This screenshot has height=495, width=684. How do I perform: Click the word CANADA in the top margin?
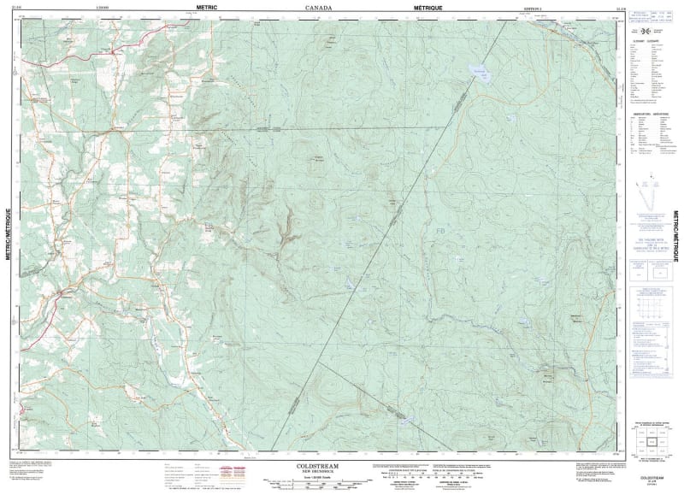pos(319,7)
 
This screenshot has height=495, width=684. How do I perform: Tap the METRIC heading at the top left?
pos(208,7)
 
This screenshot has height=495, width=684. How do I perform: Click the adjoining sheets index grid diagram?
pos(652,440)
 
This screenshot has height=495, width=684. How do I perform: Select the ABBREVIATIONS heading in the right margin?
pos(650,112)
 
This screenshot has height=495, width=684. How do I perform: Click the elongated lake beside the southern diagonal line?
pos(399,416)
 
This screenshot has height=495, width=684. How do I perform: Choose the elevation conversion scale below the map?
pos(401,473)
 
